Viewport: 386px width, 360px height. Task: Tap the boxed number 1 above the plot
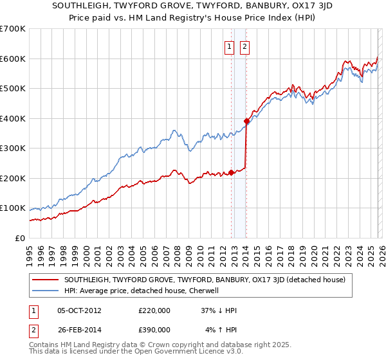coord(230,46)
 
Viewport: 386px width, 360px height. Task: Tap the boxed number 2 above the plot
coord(245,46)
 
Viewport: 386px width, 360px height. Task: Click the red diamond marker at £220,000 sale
coord(231,172)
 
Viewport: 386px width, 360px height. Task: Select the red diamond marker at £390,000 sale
coord(246,121)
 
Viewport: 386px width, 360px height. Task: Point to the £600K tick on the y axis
coord(13,59)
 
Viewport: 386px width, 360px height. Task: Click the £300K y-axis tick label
coord(13,148)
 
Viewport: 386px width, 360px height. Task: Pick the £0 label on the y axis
coord(21,239)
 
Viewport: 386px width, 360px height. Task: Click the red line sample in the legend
coord(46,280)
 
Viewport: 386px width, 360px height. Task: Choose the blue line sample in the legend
coord(46,291)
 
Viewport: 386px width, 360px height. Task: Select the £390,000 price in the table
coord(154,329)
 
